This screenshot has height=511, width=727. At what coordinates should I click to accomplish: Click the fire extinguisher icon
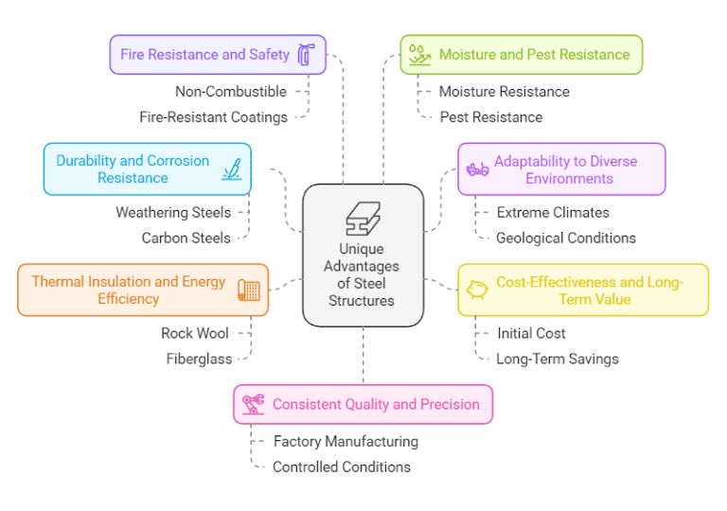click(305, 55)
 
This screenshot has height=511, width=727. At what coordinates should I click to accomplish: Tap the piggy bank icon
click(476, 291)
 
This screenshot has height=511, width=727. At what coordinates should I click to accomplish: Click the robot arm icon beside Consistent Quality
click(253, 404)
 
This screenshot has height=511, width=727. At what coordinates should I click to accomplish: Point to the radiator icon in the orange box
click(249, 291)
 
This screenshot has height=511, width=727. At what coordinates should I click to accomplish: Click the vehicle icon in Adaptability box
click(477, 169)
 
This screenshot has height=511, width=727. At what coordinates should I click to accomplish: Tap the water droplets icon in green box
click(419, 55)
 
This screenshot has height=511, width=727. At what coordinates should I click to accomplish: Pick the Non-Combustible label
click(230, 92)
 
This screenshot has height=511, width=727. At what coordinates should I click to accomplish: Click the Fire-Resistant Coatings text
click(213, 117)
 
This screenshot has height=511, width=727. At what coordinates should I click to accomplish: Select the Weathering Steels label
click(173, 212)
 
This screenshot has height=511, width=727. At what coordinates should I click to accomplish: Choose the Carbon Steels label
click(186, 238)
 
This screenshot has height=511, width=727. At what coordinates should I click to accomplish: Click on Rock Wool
click(194, 333)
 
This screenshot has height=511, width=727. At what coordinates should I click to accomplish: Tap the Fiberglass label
click(198, 359)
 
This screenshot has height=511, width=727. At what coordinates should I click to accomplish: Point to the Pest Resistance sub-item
click(490, 117)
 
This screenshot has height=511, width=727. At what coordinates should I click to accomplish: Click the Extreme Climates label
click(553, 212)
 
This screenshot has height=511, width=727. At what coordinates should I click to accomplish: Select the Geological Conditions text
click(565, 238)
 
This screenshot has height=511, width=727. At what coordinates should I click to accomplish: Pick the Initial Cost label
click(531, 333)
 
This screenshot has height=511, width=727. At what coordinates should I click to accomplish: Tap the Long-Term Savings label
click(557, 359)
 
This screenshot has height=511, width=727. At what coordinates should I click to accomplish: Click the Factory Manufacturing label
click(346, 441)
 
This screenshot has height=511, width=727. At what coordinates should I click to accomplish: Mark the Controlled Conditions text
click(341, 467)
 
